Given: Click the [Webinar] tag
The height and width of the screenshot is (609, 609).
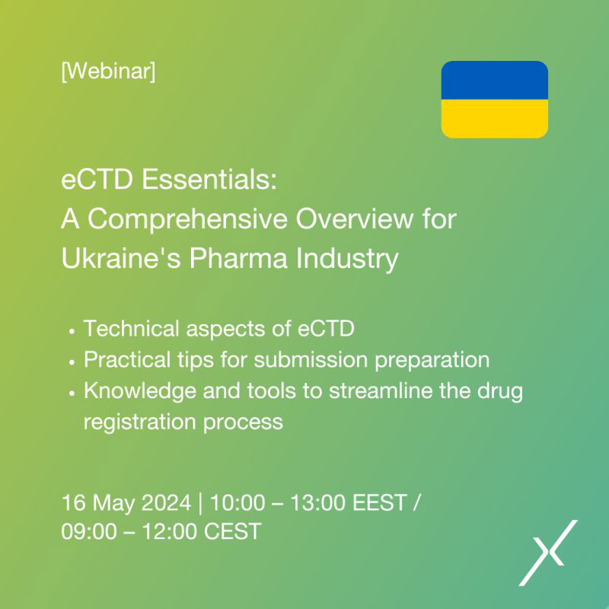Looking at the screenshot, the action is (x=108, y=72).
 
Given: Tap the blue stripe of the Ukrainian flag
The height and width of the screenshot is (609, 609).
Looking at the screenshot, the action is (x=494, y=80).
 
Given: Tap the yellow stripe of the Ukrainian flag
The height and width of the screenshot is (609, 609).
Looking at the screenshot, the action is (x=494, y=119).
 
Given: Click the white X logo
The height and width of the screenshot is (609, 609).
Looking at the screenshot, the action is (x=548, y=553).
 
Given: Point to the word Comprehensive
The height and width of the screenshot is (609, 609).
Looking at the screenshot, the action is (x=187, y=219).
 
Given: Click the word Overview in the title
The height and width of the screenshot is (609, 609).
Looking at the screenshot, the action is (x=355, y=218).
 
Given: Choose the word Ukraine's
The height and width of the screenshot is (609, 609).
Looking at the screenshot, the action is (x=121, y=258).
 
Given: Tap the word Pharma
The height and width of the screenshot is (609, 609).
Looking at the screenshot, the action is (x=238, y=258).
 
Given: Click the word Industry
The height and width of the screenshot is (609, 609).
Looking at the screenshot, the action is (x=347, y=259).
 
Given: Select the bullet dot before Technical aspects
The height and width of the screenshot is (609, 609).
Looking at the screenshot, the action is (x=72, y=332).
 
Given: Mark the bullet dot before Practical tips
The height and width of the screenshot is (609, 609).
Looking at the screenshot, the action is (x=72, y=363).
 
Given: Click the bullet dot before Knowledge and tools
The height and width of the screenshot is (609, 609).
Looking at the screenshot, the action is (x=72, y=394).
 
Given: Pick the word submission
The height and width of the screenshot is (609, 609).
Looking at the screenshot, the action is (x=311, y=359).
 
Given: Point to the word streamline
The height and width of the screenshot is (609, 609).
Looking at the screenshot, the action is (x=381, y=391).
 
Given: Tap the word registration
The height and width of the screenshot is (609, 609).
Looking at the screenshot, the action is (x=140, y=422).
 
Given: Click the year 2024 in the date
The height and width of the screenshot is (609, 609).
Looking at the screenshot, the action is (x=166, y=502).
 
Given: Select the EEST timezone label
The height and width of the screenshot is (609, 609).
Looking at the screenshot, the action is (x=380, y=502).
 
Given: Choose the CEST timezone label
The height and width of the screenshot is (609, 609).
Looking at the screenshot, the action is (x=232, y=531).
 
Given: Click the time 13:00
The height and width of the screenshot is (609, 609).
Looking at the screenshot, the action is (x=318, y=502).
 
